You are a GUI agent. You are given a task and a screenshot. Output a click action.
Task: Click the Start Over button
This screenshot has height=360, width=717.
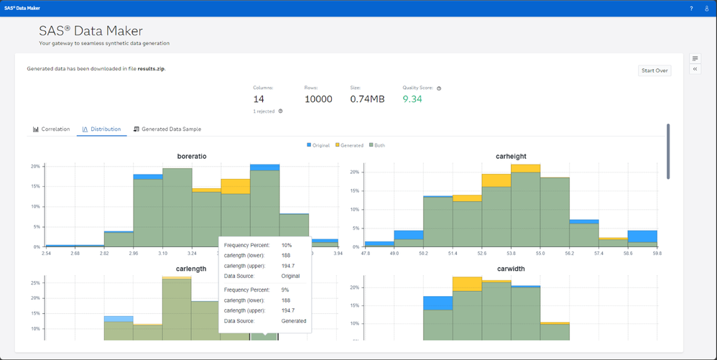click(x=654, y=70)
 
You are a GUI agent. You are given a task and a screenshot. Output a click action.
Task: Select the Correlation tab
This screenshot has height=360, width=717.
click(x=51, y=129)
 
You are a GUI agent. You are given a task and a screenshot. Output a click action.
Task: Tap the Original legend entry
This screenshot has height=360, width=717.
click(x=318, y=145)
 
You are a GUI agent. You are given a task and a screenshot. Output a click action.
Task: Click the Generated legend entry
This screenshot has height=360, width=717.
click(x=349, y=145)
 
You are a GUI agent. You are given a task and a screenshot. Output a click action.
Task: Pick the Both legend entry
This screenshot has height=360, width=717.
click(x=376, y=145)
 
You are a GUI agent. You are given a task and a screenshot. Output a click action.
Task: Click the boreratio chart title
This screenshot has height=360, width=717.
click(x=191, y=155)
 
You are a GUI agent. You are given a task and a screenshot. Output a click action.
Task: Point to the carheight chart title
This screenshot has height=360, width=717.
click(x=511, y=155)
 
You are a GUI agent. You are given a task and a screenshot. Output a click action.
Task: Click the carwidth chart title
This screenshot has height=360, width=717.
click(x=511, y=269)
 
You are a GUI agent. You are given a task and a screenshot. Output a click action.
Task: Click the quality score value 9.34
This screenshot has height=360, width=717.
click(x=412, y=99)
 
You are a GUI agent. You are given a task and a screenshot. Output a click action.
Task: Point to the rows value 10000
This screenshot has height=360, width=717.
click(x=318, y=99)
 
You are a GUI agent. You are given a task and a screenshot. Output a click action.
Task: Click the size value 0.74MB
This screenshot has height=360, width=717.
click(x=367, y=99)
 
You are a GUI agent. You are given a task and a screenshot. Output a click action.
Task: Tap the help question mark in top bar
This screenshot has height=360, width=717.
click(x=692, y=9)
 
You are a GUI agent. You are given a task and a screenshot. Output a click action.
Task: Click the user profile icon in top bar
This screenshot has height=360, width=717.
click(x=707, y=9)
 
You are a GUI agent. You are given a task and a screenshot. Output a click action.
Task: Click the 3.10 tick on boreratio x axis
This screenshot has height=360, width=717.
click(x=162, y=254)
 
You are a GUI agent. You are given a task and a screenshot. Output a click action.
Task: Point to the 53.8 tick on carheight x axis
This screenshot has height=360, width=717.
click(x=511, y=254)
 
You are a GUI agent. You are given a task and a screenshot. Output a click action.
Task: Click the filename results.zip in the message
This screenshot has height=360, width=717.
click(x=151, y=69)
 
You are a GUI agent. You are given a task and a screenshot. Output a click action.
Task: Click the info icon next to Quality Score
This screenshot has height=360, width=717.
click(x=439, y=88)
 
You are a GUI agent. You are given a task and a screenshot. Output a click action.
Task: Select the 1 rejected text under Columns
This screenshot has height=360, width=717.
click(x=264, y=111)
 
